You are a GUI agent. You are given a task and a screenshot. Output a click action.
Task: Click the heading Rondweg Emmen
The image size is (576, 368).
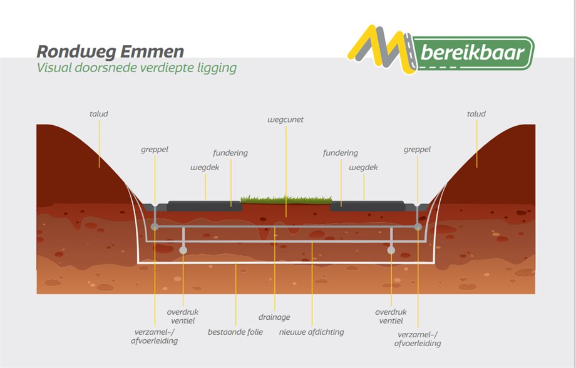(x=110, y=52)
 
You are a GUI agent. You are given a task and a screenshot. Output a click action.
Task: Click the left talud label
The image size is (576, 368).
(x=99, y=114)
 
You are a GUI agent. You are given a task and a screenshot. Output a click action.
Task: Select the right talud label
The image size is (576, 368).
(x=476, y=114)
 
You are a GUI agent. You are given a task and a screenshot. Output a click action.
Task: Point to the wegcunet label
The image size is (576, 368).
(x=285, y=120)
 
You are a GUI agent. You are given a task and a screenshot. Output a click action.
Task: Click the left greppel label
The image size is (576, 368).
(x=155, y=150)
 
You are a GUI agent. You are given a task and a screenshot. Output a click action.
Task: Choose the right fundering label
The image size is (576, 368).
(x=341, y=153)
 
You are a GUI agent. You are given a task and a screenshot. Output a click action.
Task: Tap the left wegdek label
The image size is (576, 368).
(x=205, y=168)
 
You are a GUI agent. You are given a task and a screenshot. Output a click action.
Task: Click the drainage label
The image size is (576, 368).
(x=274, y=317)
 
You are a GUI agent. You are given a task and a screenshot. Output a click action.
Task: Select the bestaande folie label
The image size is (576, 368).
(x=235, y=332)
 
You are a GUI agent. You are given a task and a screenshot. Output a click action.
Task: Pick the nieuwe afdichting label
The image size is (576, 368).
(x=312, y=332)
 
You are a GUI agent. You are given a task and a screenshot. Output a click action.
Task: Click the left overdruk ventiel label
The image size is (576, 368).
(x=183, y=316)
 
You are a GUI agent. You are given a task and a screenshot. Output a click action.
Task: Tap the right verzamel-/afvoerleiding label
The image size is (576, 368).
(x=418, y=339)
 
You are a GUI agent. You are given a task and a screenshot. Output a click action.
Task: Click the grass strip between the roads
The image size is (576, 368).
(x=287, y=200)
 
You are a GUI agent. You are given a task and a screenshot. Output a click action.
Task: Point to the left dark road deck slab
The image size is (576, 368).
(x=205, y=206)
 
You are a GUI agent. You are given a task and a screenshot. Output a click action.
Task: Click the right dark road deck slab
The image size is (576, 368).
(x=368, y=206)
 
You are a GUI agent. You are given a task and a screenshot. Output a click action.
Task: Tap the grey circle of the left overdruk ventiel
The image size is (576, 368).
(x=183, y=250)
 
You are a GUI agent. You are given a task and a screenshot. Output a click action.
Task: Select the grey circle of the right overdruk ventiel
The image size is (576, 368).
(x=391, y=250)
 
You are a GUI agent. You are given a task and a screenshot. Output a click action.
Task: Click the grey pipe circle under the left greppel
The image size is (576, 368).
(x=155, y=227)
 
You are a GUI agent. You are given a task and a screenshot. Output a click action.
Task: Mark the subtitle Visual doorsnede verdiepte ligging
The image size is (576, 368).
(x=136, y=68)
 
